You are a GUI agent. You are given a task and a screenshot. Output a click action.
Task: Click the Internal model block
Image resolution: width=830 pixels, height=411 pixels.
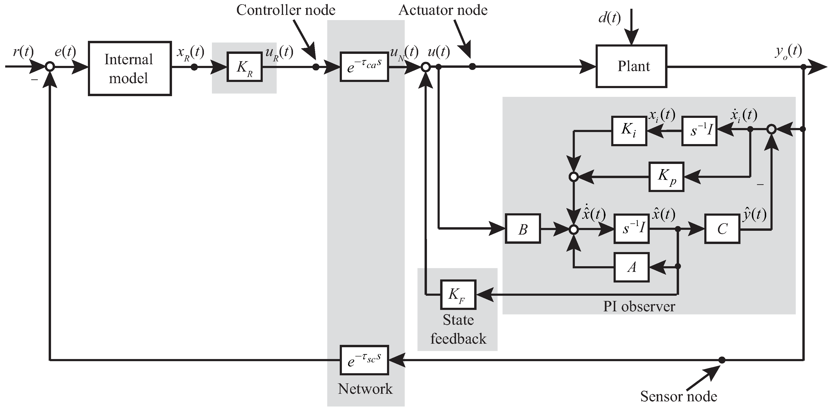pyautogui.click(x=129, y=68)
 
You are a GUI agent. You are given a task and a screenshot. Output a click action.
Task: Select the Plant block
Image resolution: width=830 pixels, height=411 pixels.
pyautogui.click(x=631, y=66)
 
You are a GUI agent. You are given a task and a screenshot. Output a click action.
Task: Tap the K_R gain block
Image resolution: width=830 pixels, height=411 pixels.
pyautogui.click(x=244, y=67)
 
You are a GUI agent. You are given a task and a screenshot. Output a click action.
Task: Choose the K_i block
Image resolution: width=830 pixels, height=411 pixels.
pyautogui.click(x=629, y=131)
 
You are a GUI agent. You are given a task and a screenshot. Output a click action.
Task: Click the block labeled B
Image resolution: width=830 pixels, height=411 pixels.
pyautogui.click(x=522, y=228)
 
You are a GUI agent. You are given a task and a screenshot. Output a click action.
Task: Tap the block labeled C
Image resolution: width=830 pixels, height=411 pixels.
pyautogui.click(x=722, y=228)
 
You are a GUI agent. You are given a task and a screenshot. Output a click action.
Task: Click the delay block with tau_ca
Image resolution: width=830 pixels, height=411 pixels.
pyautogui.click(x=364, y=67)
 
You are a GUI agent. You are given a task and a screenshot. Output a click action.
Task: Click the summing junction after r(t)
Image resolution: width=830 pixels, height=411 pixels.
pyautogui.click(x=50, y=67)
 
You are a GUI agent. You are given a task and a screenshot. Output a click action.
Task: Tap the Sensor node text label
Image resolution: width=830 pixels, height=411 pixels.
pyautogui.click(x=678, y=396)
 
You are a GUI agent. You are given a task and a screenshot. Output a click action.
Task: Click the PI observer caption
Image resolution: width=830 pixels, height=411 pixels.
pyautogui.click(x=639, y=306)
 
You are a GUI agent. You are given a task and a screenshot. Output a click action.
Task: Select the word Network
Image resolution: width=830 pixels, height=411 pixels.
pyautogui.click(x=365, y=389)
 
